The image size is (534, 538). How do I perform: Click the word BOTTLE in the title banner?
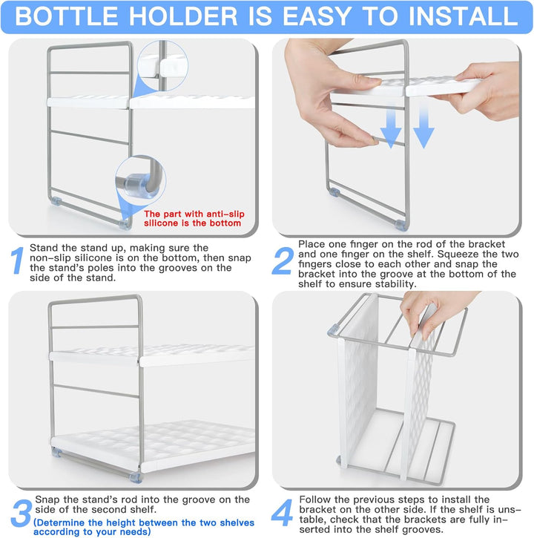[67, 16]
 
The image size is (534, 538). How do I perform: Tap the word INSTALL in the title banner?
[464, 16]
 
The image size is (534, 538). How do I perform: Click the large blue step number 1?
[17, 260]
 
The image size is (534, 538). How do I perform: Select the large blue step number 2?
[283, 260]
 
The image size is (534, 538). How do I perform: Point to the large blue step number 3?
[22, 513]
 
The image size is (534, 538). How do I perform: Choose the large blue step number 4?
[282, 513]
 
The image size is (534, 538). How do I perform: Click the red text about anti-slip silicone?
[194, 219]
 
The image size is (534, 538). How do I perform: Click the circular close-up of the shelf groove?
[162, 65]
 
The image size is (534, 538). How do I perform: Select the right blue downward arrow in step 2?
[424, 125]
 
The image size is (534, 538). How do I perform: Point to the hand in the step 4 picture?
[435, 312]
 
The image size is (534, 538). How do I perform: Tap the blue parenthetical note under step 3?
[144, 528]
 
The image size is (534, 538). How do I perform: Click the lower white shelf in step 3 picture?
[153, 444]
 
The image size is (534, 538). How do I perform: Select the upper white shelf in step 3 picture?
[152, 355]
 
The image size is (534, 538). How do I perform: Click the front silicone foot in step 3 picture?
[136, 477]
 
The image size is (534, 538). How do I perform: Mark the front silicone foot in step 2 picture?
[400, 225]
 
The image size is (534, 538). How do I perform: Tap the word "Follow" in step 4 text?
[316, 499]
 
